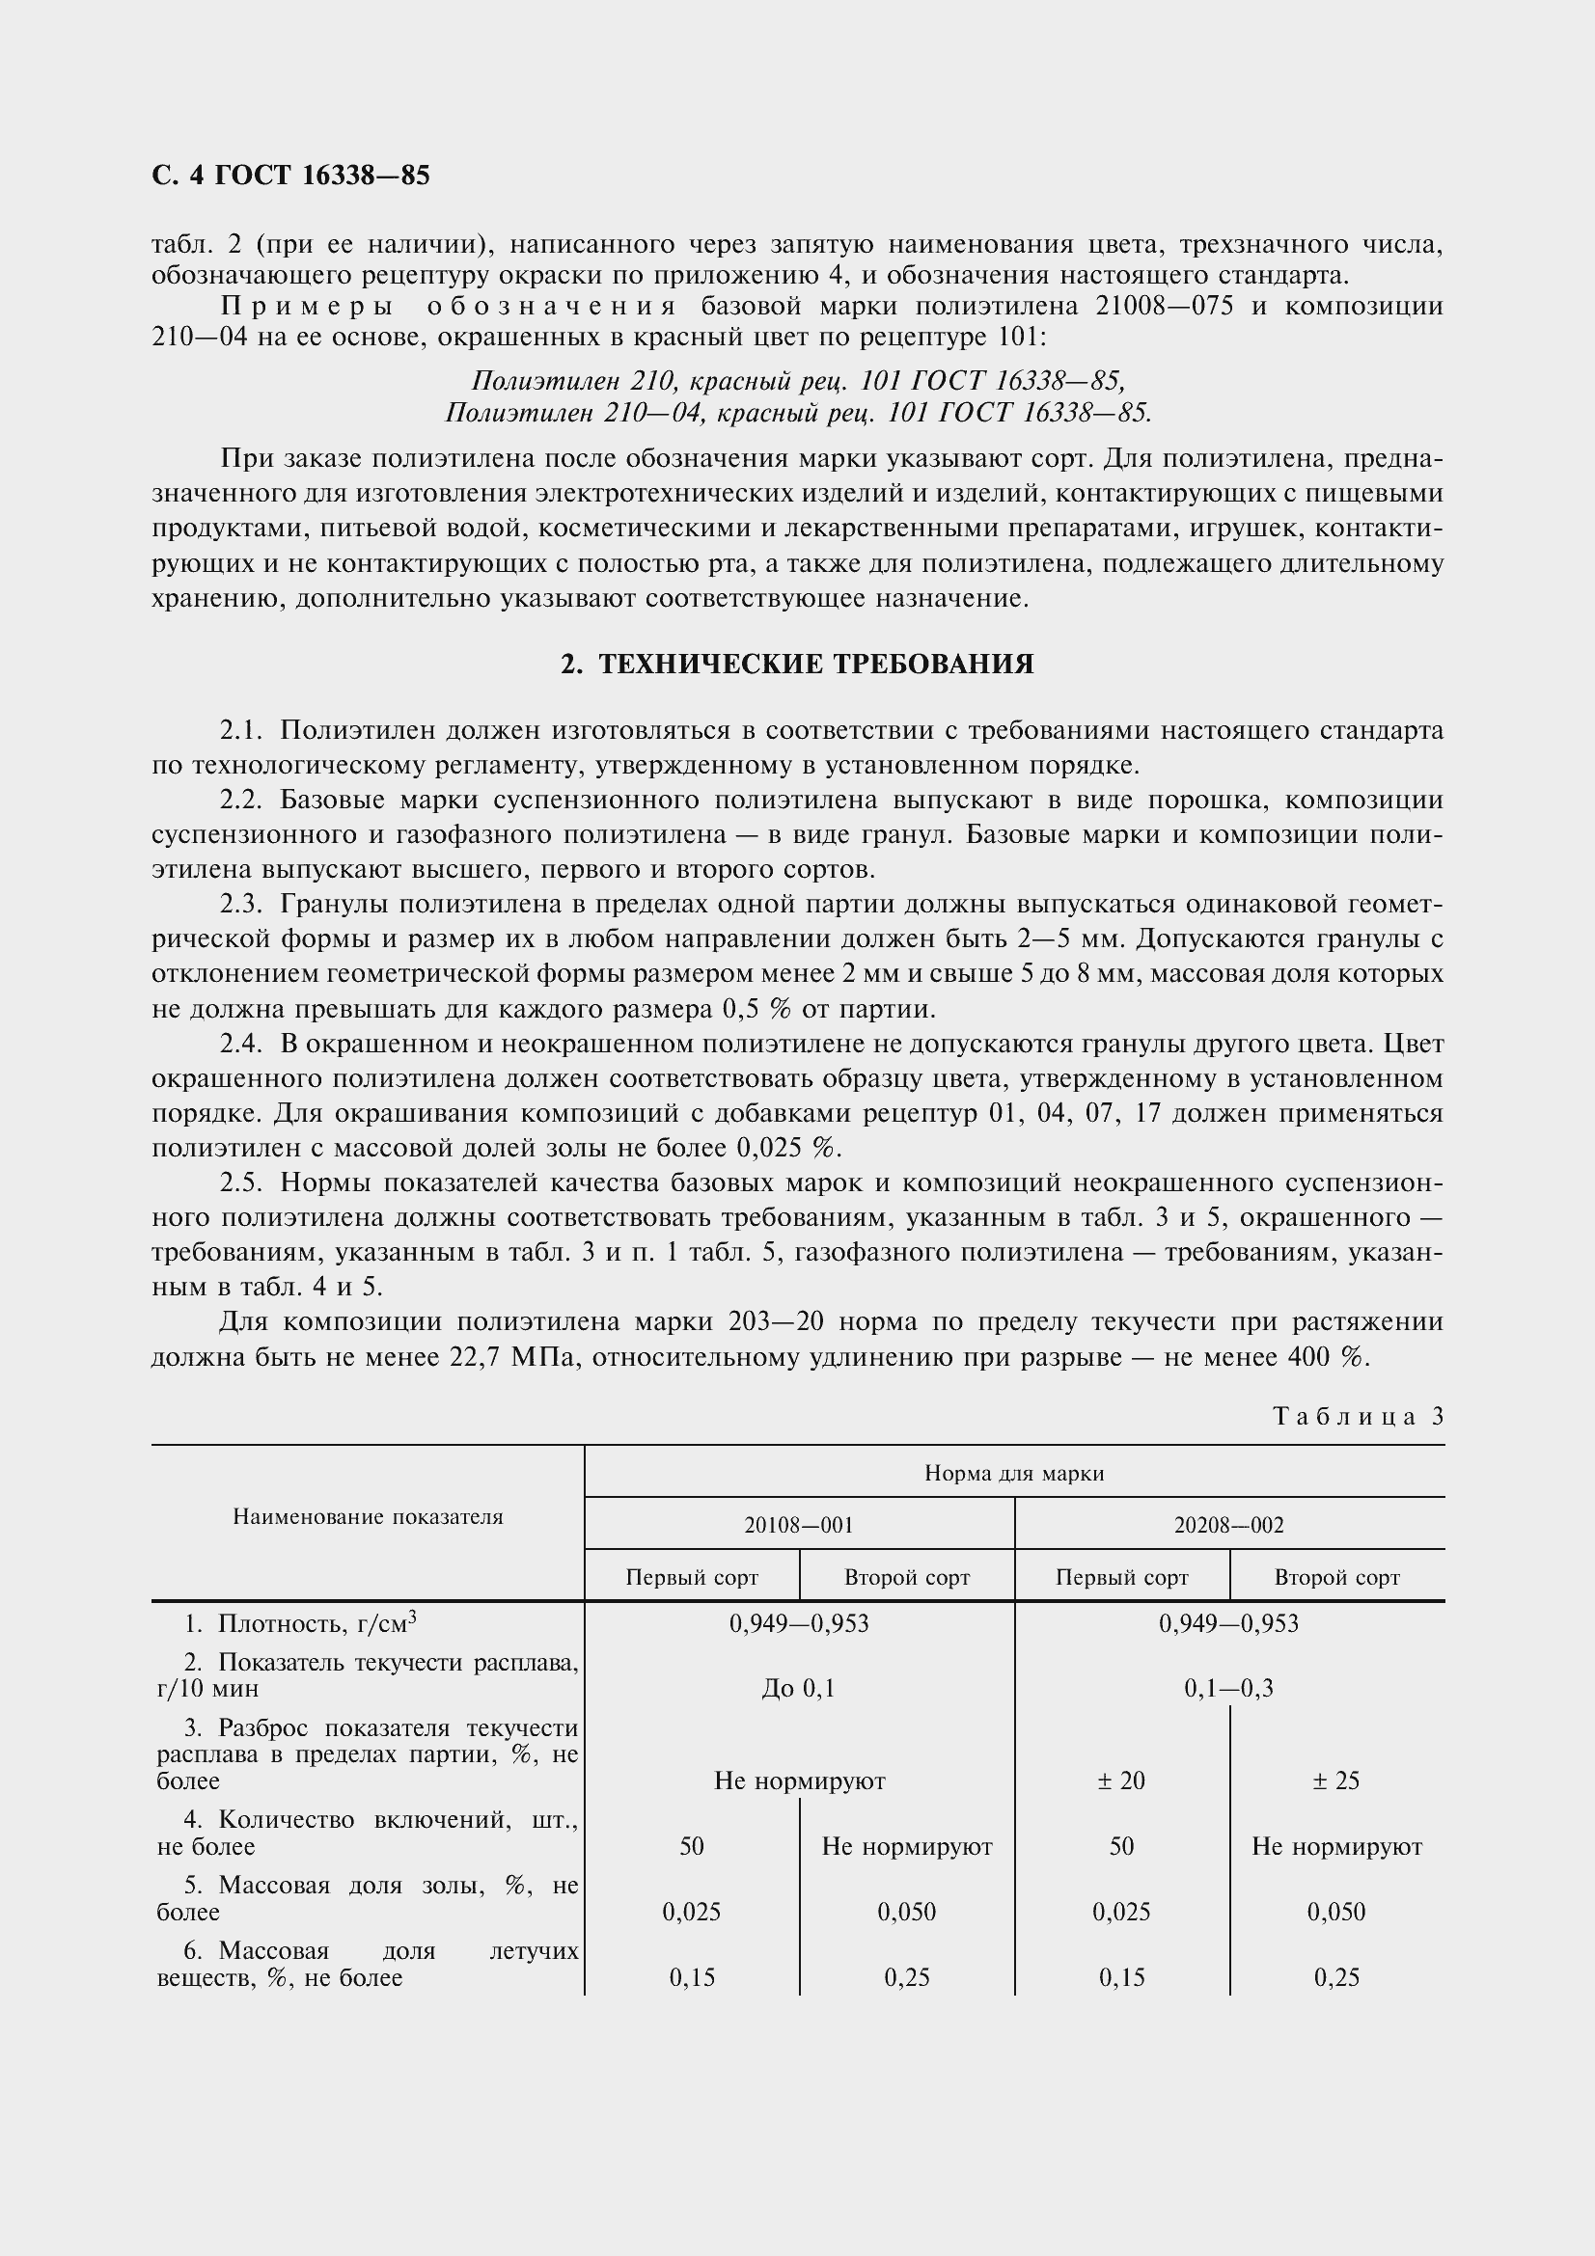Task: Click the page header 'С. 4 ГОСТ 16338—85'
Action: point(290,175)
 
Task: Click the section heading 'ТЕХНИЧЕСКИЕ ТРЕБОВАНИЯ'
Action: point(797,665)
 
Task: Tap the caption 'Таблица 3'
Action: point(1359,1416)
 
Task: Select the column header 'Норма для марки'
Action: point(1014,1473)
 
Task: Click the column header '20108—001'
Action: point(799,1525)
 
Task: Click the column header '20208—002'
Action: point(1228,1525)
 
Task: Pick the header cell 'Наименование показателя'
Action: point(368,1517)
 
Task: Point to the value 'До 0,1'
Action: point(798,1688)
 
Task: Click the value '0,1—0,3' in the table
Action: point(1228,1688)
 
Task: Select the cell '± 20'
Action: point(1121,1780)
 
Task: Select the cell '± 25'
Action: point(1335,1780)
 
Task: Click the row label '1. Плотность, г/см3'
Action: point(300,1623)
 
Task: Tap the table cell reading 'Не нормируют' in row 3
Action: point(799,1780)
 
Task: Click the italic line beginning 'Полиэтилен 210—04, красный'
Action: point(798,413)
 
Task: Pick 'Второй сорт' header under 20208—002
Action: point(1336,1577)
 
